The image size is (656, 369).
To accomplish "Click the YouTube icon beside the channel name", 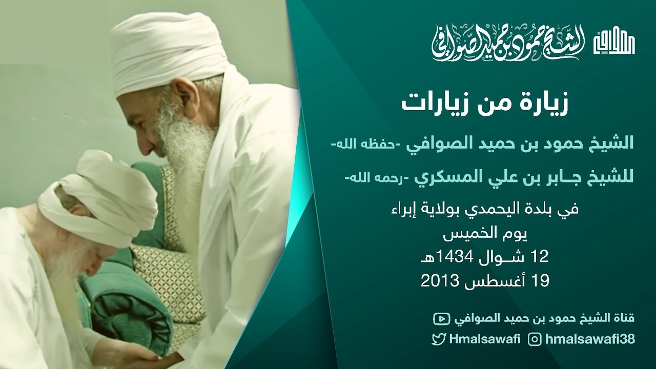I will [x=440, y=319].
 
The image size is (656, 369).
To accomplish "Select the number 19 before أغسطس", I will [x=541, y=280].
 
